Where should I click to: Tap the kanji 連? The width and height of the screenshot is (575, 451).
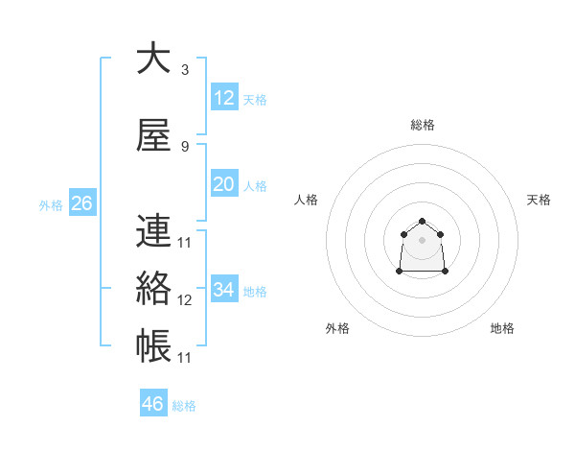(153, 230)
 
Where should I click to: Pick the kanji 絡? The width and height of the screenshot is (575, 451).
(153, 288)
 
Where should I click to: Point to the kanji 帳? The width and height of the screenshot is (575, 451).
(153, 345)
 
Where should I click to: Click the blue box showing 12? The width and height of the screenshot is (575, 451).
(223, 98)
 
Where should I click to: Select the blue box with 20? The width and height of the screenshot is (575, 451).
(223, 184)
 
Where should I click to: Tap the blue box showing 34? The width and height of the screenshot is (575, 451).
(223, 290)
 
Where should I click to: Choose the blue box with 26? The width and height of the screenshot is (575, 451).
(81, 203)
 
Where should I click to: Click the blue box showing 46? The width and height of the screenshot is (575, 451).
(153, 404)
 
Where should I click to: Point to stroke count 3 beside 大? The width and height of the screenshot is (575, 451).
(184, 70)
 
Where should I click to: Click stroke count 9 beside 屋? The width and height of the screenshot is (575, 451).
(184, 147)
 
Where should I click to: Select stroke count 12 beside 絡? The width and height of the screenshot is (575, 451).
(185, 300)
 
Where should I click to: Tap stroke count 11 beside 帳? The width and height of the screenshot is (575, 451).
(185, 358)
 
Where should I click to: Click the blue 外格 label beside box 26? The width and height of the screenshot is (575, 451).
(51, 205)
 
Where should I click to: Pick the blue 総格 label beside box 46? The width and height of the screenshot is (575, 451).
(184, 406)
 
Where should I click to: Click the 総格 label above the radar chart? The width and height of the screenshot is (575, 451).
(423, 125)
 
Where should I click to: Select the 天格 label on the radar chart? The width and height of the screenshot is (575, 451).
(539, 200)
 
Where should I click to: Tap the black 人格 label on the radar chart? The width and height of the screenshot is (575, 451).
(307, 200)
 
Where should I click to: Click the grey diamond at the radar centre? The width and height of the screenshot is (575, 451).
(423, 239)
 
